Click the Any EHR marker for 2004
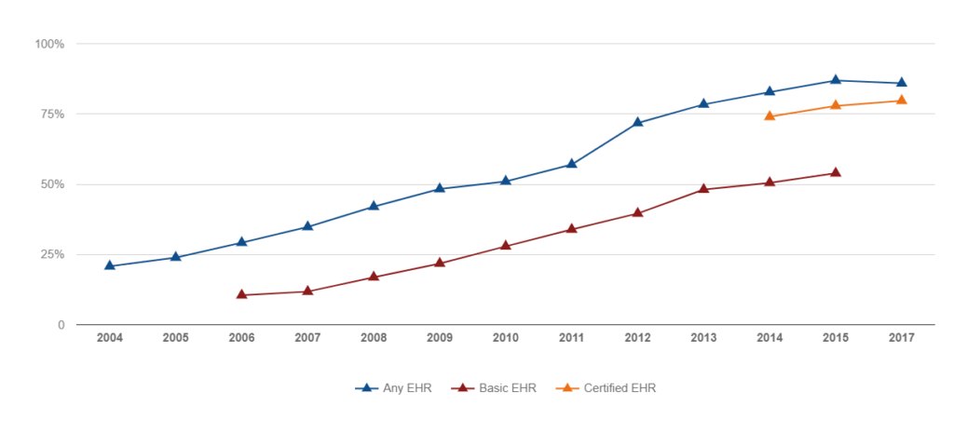(110, 265)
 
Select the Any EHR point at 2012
(638, 122)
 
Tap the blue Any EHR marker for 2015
(836, 80)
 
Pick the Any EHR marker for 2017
(902, 83)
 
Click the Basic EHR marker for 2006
(242, 294)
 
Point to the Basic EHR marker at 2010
(506, 246)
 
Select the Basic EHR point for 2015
(836, 172)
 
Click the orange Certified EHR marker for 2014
(770, 115)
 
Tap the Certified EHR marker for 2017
(902, 100)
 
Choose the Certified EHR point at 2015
(836, 105)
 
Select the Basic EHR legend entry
(493, 387)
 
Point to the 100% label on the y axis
(48, 44)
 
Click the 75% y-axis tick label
(51, 114)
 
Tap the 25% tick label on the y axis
(51, 254)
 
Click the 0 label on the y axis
(61, 325)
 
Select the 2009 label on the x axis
(440, 338)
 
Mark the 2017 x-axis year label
(902, 338)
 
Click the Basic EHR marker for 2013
(703, 189)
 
